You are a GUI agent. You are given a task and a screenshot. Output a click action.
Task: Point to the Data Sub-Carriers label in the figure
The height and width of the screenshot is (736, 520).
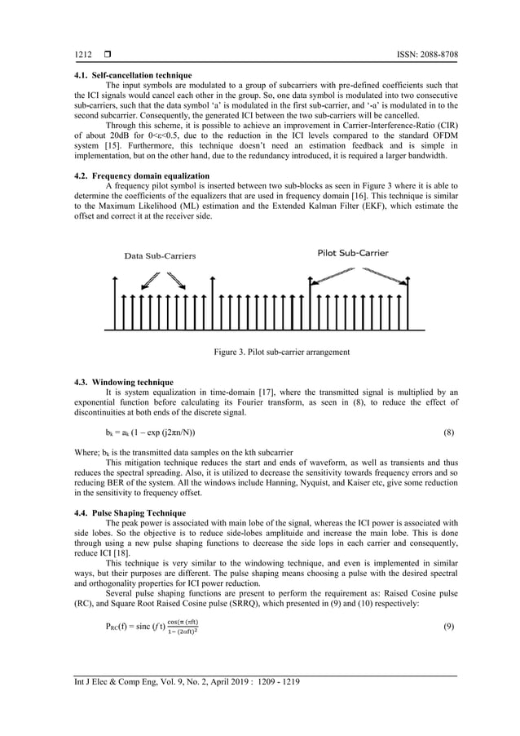pyautogui.click(x=160, y=255)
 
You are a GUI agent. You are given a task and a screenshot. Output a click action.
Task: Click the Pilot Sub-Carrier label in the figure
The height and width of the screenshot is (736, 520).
pyautogui.click(x=352, y=253)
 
